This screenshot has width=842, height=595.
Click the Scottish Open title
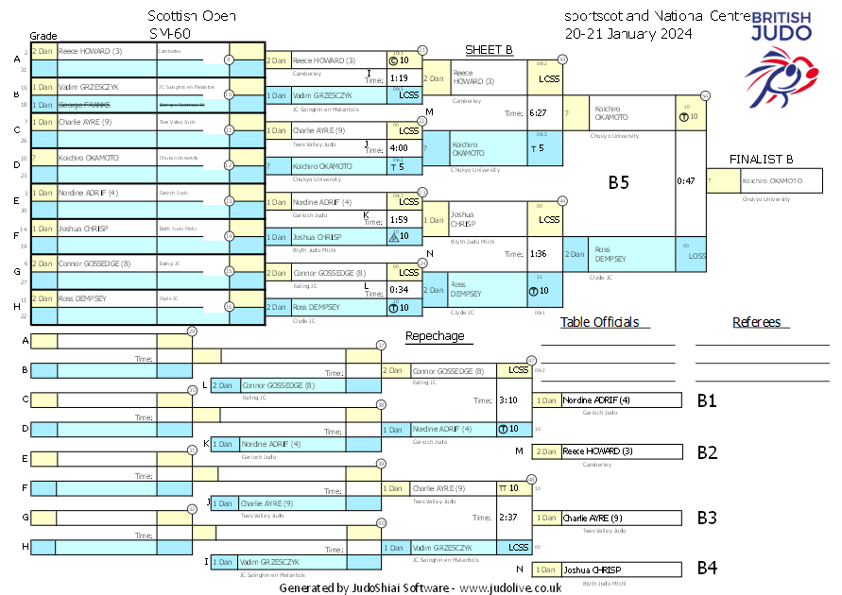[x=192, y=16]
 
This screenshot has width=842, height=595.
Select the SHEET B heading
[x=489, y=50]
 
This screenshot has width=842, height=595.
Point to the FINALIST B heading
[x=762, y=159]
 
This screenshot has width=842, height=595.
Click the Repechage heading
[x=435, y=335]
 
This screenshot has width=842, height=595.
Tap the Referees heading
[x=756, y=322]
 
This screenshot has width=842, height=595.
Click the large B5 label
[x=618, y=183]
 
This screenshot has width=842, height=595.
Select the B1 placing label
[x=707, y=400]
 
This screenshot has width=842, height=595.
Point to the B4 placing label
[x=707, y=569]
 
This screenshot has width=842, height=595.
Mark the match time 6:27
[x=539, y=113]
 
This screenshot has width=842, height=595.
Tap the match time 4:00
[x=398, y=148]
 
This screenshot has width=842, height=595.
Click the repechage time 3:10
[x=507, y=400]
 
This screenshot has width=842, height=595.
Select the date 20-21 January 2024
[x=628, y=33]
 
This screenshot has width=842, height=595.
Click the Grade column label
[x=43, y=34]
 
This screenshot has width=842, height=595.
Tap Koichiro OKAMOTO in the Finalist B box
[x=772, y=180]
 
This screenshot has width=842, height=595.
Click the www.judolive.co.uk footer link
[x=510, y=587]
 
